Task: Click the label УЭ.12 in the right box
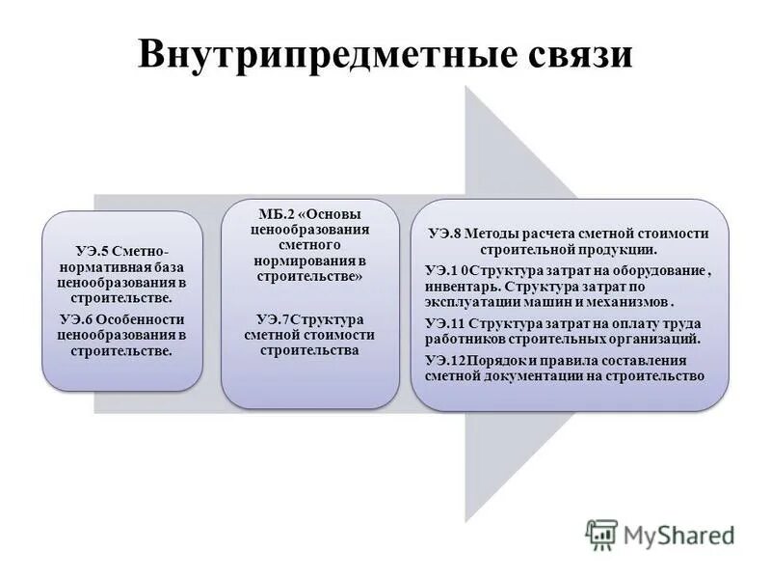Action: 446,360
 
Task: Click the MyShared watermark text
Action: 678,534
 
